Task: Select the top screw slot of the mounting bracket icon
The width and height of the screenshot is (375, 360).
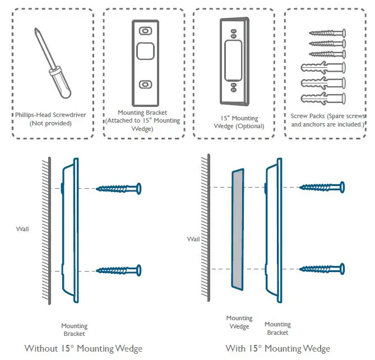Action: [145, 31]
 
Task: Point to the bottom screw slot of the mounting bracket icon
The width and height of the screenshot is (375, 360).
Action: [145, 84]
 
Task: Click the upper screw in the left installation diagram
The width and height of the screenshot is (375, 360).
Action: [119, 188]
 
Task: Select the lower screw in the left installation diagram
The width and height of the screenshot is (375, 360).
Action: [119, 270]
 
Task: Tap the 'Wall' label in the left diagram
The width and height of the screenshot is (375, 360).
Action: [24, 228]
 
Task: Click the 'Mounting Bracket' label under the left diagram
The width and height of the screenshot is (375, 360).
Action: [74, 330]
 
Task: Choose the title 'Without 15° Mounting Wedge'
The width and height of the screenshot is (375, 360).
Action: [84, 348]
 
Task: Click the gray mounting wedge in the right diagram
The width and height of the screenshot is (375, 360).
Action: [238, 230]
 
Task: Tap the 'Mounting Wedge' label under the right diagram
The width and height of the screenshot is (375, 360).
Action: [239, 322]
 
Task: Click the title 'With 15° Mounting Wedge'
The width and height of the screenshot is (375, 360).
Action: [277, 348]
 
